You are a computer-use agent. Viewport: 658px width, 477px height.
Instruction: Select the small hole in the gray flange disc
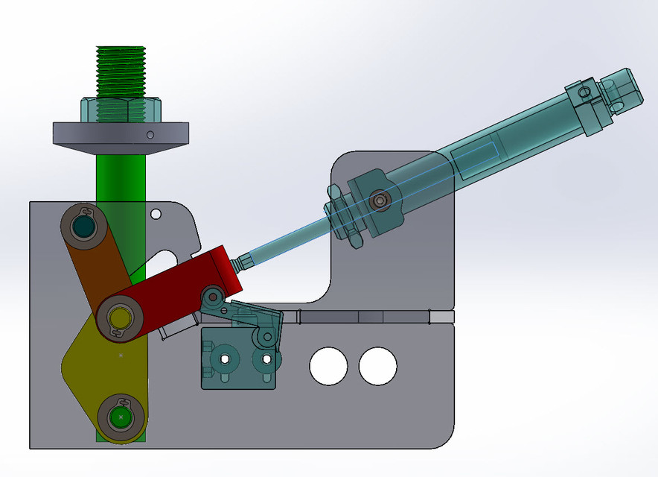[x=150, y=135]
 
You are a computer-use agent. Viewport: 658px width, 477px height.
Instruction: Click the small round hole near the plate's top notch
[x=156, y=215]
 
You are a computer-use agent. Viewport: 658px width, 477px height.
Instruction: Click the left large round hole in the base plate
[x=328, y=365]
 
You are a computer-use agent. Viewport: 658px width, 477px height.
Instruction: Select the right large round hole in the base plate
[x=377, y=365]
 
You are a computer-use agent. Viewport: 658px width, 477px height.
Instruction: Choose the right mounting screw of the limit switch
[x=261, y=359]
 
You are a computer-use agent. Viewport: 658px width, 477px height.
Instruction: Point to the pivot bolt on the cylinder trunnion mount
[x=381, y=200]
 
